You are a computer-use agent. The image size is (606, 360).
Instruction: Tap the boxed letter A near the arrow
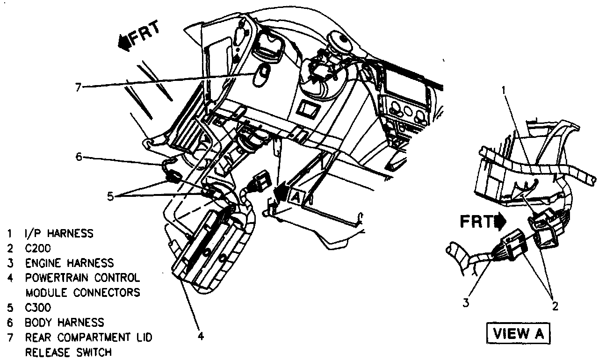[x=296, y=198]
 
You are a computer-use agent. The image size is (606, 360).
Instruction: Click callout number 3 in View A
[x=465, y=303]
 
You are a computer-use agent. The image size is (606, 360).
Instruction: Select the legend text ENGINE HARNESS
[x=69, y=263]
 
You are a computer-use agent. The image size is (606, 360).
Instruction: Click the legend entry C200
[x=38, y=248]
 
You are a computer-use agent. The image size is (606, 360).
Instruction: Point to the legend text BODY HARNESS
[x=65, y=322]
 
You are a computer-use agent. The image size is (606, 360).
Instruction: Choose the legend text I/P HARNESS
[x=59, y=233]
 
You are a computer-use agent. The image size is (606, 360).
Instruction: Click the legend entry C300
[x=38, y=308]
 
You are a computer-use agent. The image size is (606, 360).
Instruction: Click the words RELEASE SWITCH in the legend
[x=68, y=352]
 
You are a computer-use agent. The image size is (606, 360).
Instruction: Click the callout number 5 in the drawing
[x=110, y=196]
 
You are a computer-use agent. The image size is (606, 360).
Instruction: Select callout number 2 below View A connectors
[x=555, y=306]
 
